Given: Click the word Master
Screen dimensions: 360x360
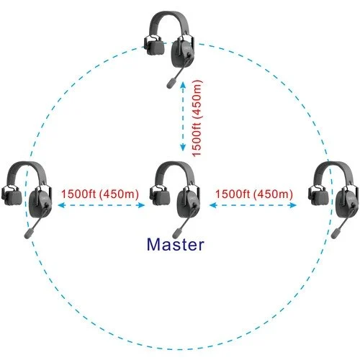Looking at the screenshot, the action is coord(176,244).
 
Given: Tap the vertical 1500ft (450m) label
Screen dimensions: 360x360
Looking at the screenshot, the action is coord(197,118).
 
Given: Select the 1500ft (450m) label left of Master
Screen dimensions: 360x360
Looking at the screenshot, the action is coord(100,194).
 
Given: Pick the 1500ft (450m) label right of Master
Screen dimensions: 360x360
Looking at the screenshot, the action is coord(254,194).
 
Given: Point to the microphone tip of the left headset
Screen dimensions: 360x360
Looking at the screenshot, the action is coord(29,233).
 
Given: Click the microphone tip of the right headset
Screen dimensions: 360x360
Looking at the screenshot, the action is coord(336,233).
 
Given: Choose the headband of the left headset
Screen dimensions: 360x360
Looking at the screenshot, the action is coord(27,167).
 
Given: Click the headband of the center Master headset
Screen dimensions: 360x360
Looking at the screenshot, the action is coord(175,167).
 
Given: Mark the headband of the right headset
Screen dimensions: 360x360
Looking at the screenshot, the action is coord(333,167).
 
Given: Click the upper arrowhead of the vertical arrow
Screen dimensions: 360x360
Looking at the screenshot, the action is coord(183,85).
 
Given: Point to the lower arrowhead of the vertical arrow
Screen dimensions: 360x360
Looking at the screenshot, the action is coord(183,147).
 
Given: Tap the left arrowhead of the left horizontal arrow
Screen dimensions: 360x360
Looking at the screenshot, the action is coord(62,205).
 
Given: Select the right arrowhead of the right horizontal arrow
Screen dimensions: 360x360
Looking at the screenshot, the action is coord(293,205).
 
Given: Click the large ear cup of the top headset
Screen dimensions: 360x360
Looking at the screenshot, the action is coord(183,53).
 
